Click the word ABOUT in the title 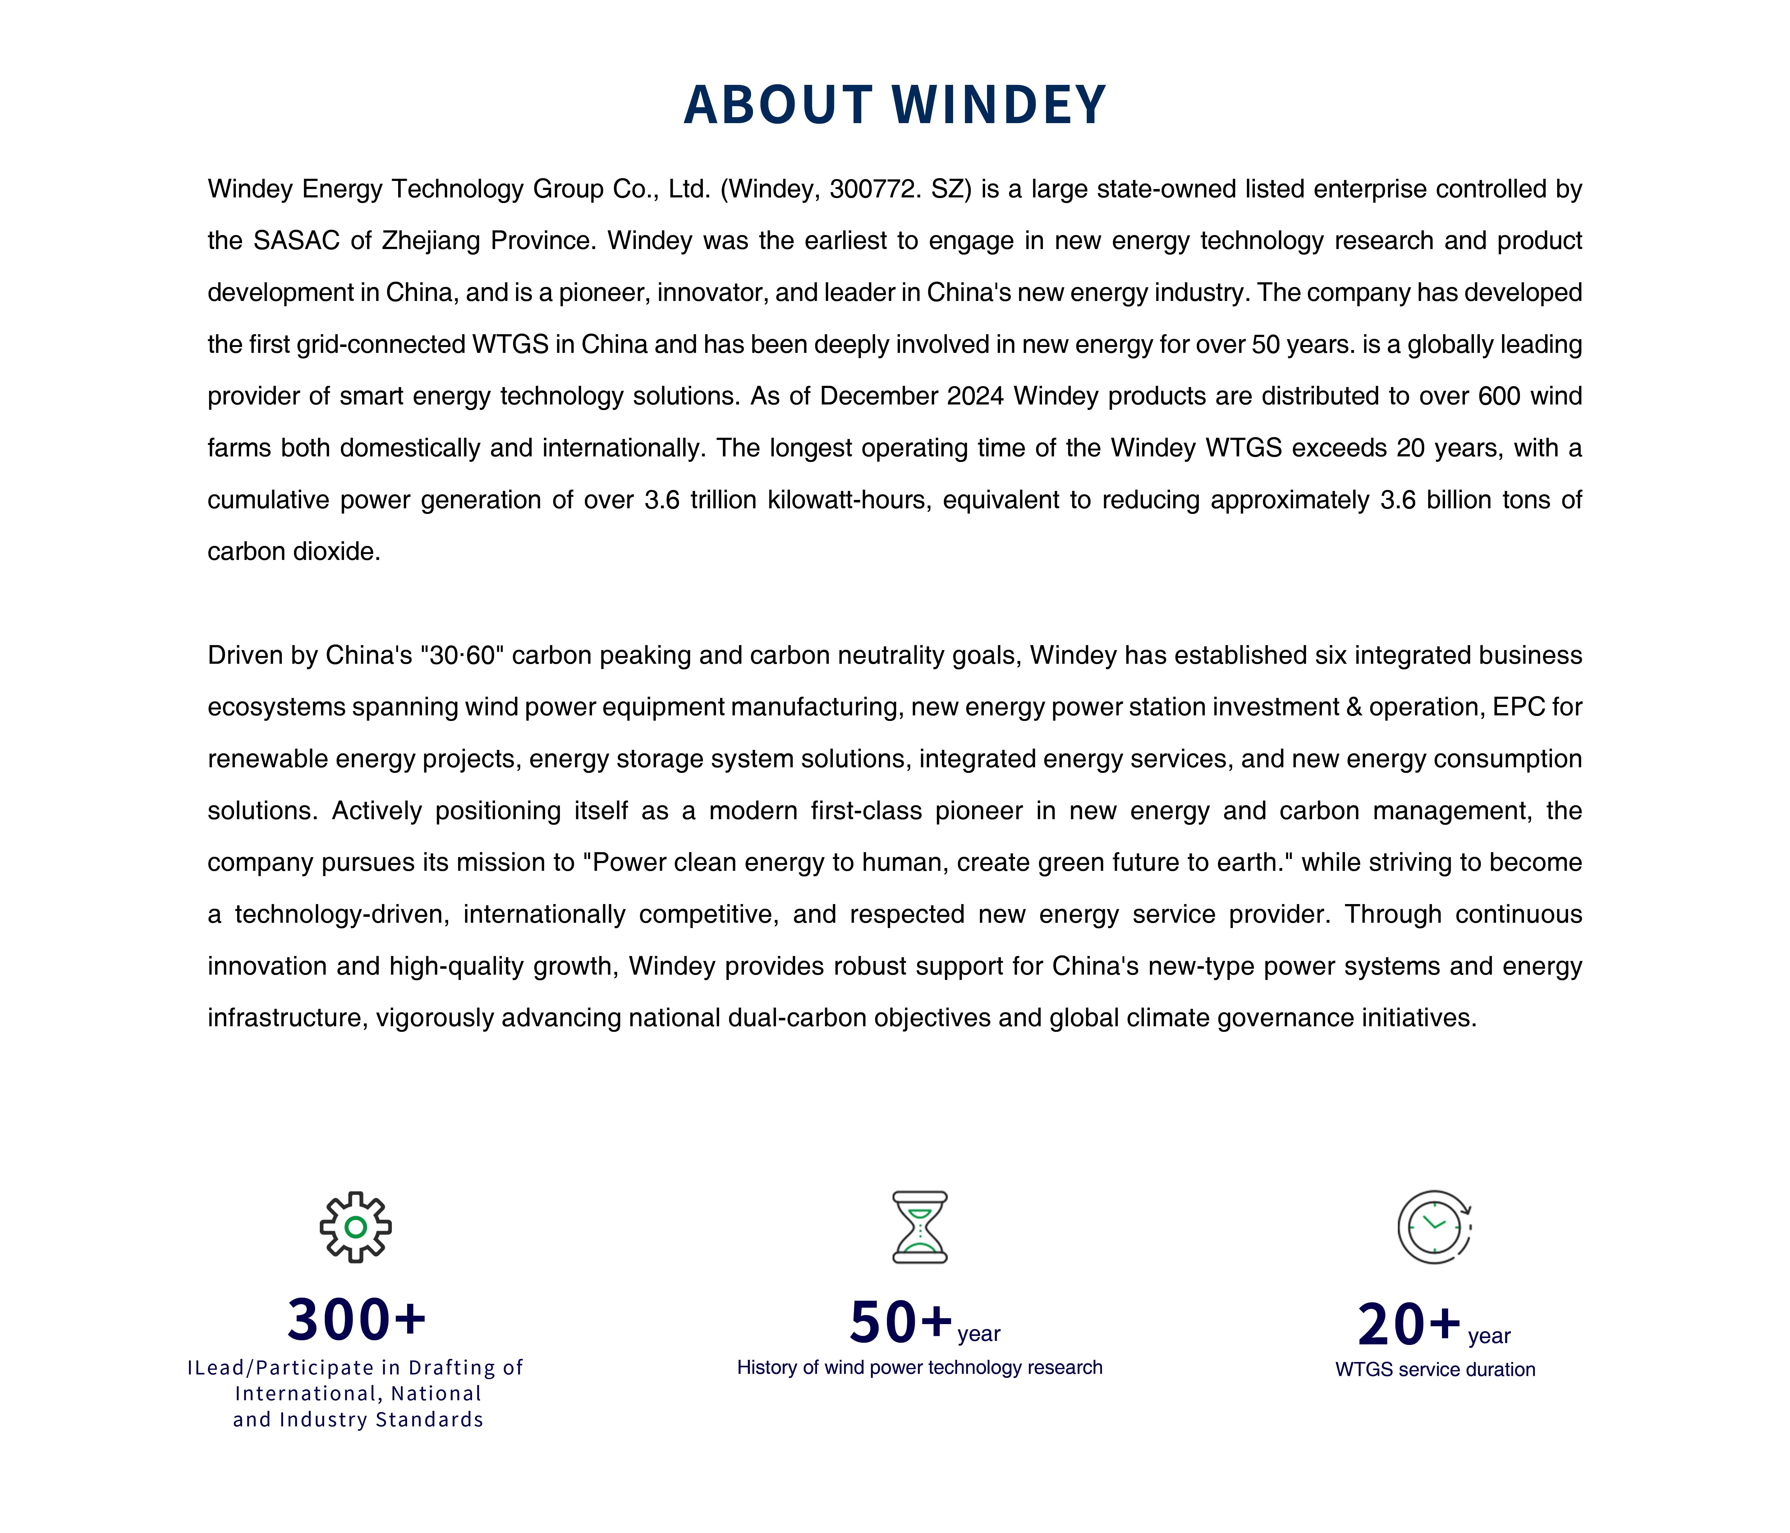[778, 105]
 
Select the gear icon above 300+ [355, 1227]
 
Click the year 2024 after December [975, 397]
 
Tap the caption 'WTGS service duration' [1435, 1370]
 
